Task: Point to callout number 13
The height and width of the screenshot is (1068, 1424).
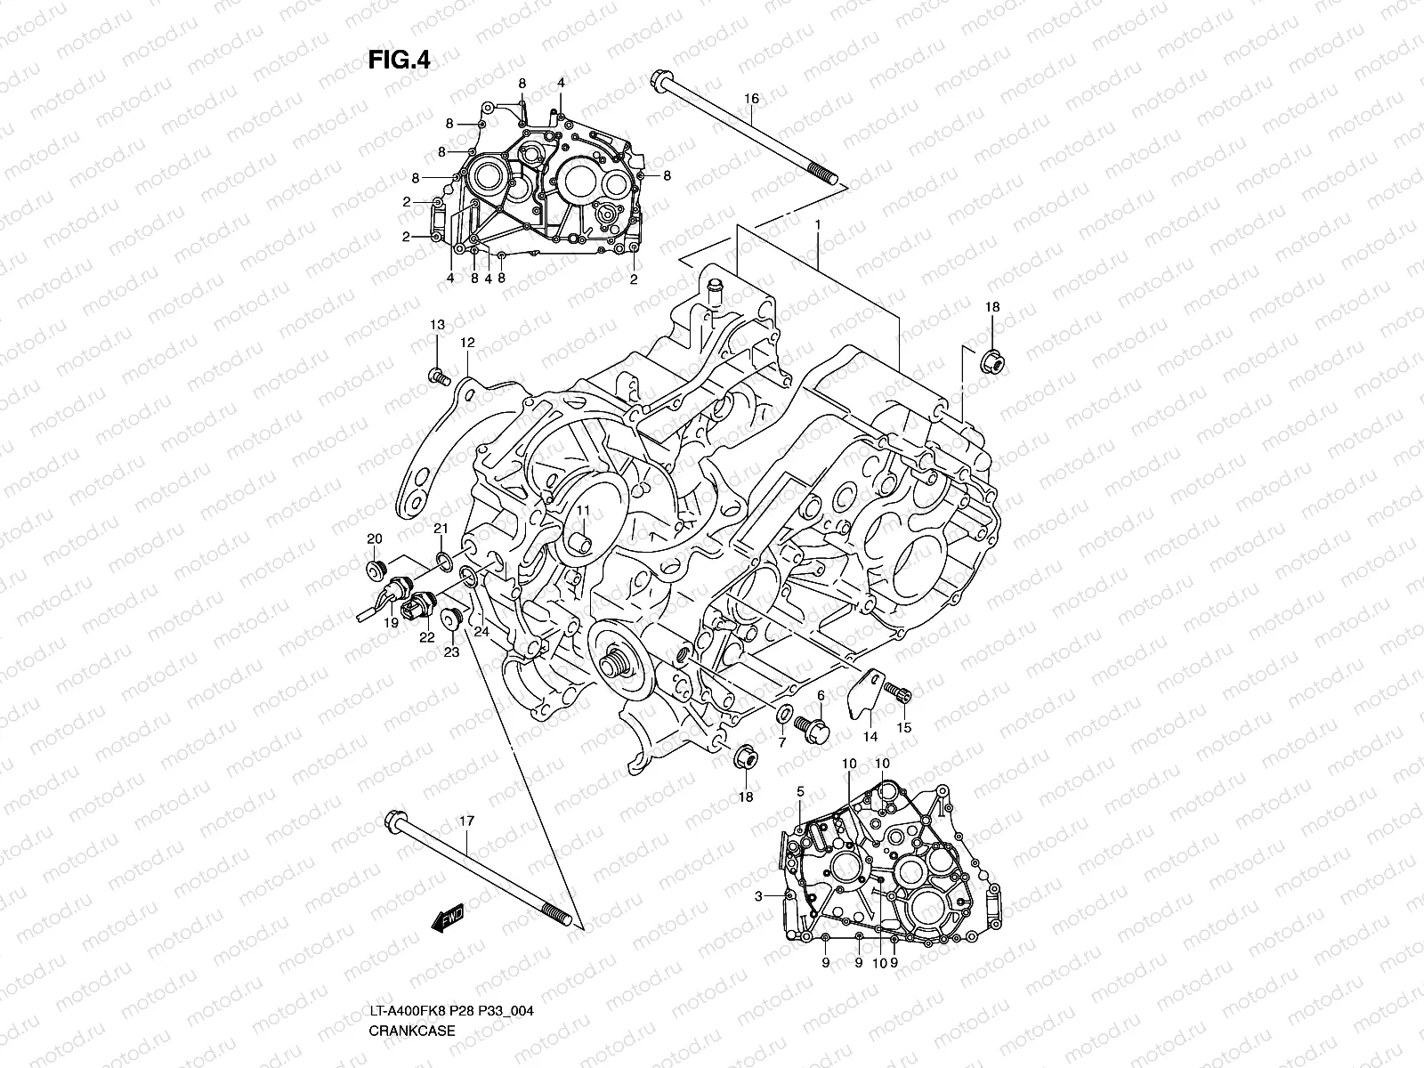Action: [437, 325]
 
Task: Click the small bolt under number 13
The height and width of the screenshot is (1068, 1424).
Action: [437, 377]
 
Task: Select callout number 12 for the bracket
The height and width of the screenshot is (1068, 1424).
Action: [467, 343]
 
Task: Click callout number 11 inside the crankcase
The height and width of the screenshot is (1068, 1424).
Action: [582, 510]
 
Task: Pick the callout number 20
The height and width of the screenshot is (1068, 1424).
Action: [375, 539]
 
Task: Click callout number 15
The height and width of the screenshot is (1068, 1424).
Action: [903, 728]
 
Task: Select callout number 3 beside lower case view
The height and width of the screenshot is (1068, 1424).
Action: [758, 897]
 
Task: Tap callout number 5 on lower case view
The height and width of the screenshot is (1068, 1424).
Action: [800, 791]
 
